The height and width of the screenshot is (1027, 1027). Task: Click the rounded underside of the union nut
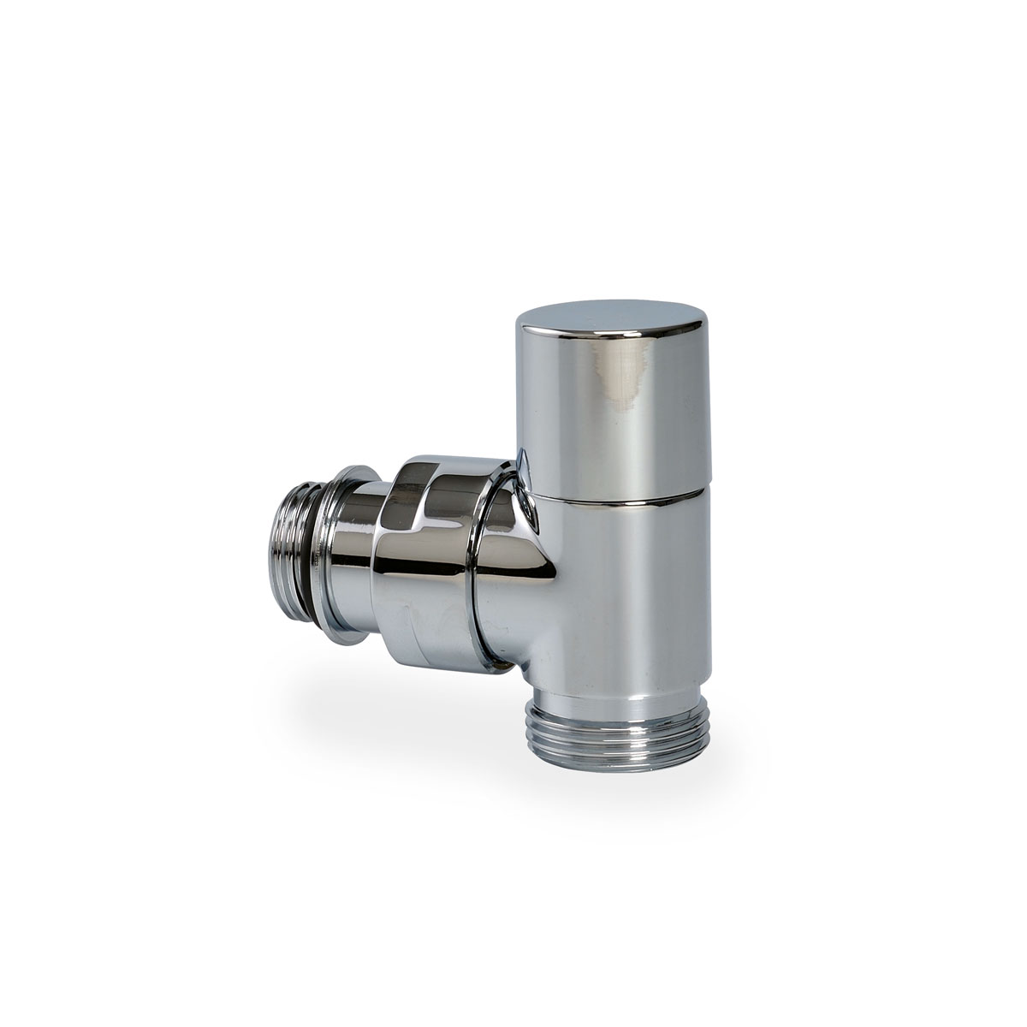[428, 650]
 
